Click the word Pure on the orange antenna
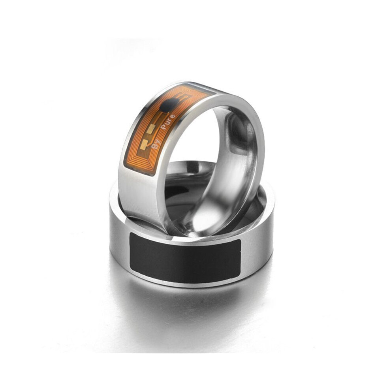(168, 122)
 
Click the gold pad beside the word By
(144, 144)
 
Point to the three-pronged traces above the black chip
(182, 96)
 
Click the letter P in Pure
(164, 127)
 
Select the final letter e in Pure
(173, 117)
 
